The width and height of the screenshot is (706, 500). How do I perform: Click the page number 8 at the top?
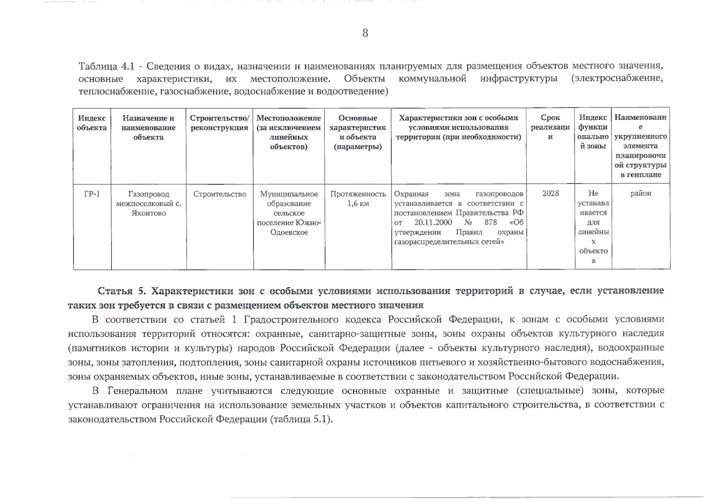[365, 33]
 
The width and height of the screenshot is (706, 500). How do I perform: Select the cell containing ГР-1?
[92, 194]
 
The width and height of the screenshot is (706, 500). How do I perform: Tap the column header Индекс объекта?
[92, 123]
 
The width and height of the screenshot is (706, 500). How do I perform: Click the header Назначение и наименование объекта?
[148, 127]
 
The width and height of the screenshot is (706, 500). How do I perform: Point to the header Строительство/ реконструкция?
[220, 123]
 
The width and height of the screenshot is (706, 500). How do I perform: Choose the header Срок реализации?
[550, 127]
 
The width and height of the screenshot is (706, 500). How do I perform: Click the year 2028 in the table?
[550, 193]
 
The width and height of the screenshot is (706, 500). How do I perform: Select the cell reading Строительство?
[220, 194]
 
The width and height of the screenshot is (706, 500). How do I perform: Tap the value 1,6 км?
[358, 204]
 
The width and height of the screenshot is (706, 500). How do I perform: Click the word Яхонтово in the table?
[148, 213]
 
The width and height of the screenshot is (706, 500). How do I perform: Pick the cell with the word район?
[640, 193]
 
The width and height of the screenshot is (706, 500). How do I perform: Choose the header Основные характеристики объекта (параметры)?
[358, 132]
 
